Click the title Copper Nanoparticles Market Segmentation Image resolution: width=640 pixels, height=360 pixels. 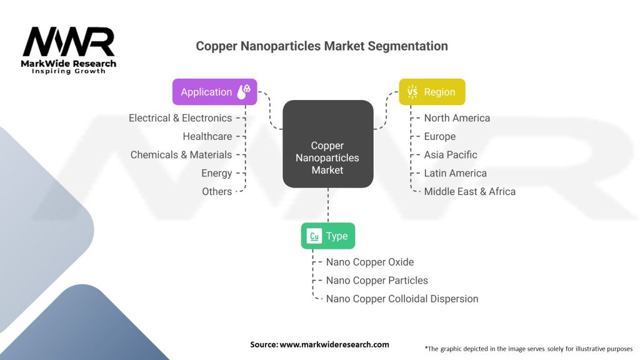click(322, 46)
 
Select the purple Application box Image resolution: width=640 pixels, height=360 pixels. click(214, 92)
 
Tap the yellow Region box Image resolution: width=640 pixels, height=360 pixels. click(432, 92)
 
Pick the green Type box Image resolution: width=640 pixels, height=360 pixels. click(327, 236)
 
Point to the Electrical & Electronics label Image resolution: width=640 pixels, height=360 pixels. click(180, 118)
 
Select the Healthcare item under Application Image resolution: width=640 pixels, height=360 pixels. click(207, 136)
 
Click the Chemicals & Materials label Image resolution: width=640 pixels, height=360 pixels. click(181, 155)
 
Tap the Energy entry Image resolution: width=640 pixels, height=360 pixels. click(216, 173)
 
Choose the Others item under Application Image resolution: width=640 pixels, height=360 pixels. click(216, 192)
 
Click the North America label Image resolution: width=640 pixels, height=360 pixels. click(457, 118)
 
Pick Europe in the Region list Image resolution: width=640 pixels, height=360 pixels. click(439, 136)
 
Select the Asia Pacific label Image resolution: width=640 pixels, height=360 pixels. click(450, 155)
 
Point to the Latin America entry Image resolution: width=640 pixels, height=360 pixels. click(455, 173)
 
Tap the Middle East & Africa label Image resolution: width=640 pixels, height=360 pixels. click(469, 192)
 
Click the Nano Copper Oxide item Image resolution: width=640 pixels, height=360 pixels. click(369, 262)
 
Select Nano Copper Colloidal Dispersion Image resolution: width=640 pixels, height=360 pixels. click(402, 299)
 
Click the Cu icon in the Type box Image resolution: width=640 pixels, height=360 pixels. click(314, 236)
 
